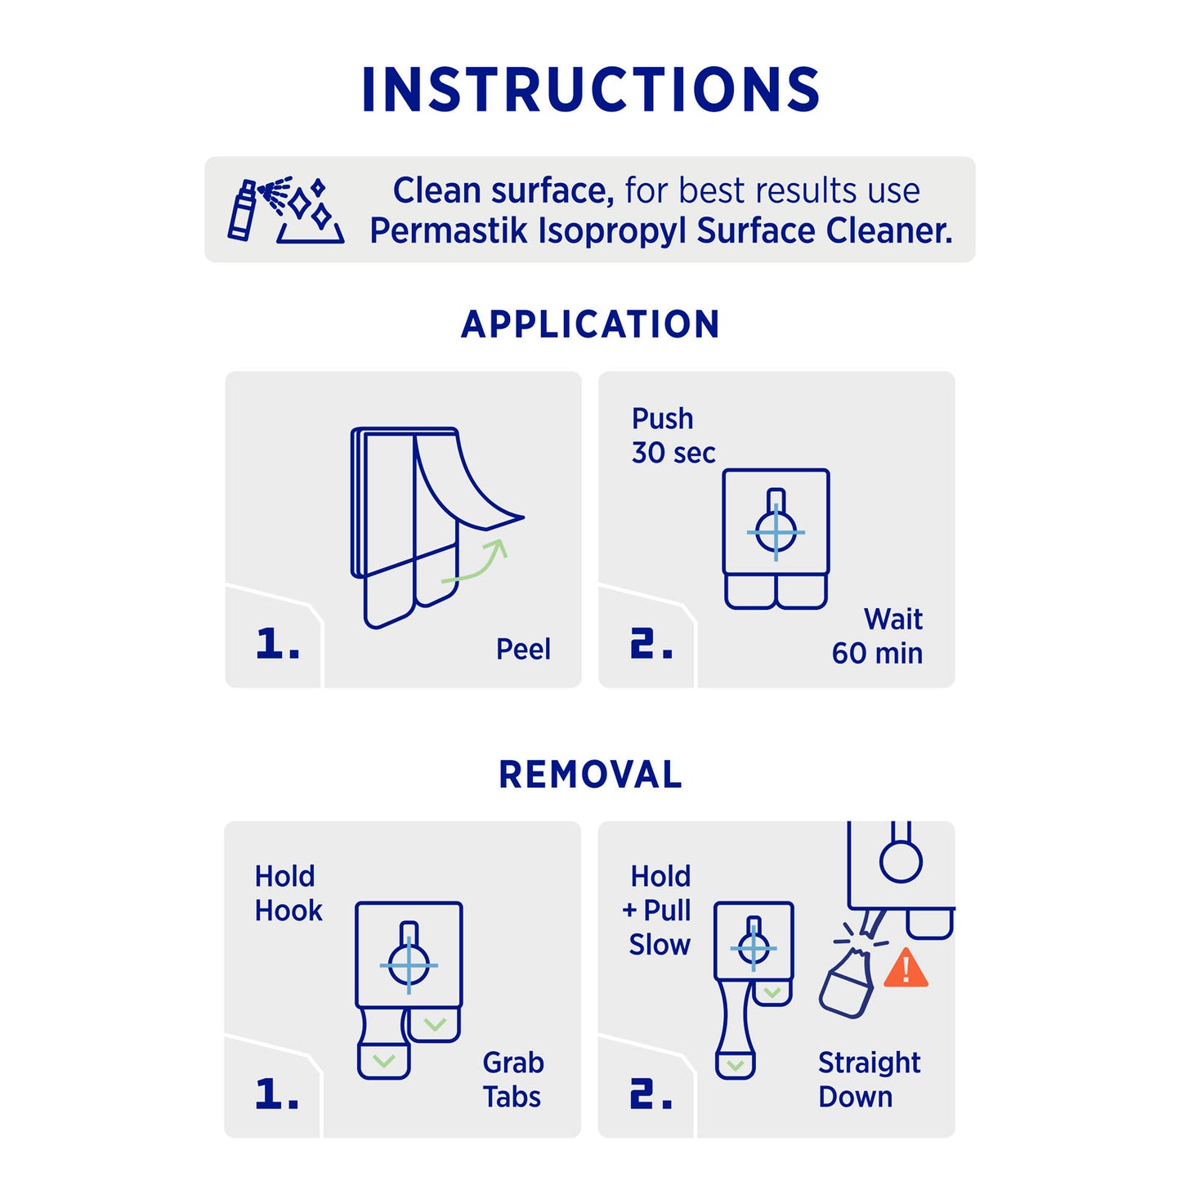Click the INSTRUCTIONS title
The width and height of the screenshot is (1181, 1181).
pyautogui.click(x=590, y=89)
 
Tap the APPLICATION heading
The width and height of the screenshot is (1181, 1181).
pyautogui.click(x=590, y=324)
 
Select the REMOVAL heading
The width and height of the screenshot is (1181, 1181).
pyautogui.click(x=590, y=775)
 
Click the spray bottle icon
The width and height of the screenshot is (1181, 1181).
pyautogui.click(x=241, y=209)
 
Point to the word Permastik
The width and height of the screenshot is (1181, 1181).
pyautogui.click(x=449, y=231)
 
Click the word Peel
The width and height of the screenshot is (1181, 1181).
pyautogui.click(x=523, y=649)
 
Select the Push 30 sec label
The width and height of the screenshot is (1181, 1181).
pyautogui.click(x=673, y=436)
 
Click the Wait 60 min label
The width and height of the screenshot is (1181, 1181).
pyautogui.click(x=877, y=636)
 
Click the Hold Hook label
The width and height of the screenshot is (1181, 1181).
pyautogui.click(x=288, y=893)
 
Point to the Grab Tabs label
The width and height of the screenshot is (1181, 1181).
pyautogui.click(x=513, y=1080)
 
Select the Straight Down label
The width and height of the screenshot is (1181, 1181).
pyautogui.click(x=869, y=1080)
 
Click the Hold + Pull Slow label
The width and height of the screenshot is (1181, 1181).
pyautogui.click(x=656, y=910)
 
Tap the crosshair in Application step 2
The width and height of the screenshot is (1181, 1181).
pyautogui.click(x=776, y=531)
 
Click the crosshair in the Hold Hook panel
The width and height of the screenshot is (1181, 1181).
pyautogui.click(x=409, y=965)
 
